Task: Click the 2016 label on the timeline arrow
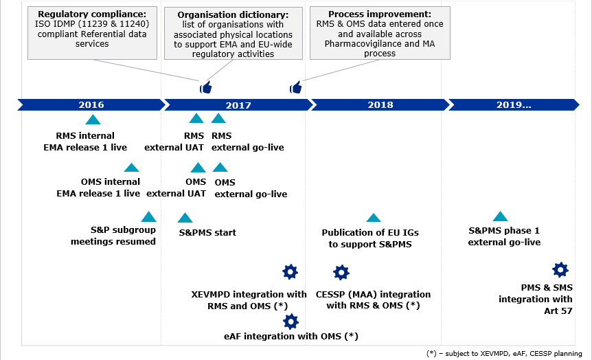91,105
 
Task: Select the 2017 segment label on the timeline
238,105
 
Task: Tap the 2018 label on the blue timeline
380,105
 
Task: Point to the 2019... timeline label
513,105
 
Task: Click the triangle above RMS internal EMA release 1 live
93,120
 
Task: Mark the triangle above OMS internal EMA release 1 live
131,167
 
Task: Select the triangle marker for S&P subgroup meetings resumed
148,216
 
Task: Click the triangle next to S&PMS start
185,218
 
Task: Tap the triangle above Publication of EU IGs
373,218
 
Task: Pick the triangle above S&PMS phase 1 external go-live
501,216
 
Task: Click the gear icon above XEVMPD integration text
290,271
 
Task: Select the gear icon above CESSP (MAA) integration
341,273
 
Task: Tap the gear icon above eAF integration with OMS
291,321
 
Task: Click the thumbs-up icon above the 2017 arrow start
205,87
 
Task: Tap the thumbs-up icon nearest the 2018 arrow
296,87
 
